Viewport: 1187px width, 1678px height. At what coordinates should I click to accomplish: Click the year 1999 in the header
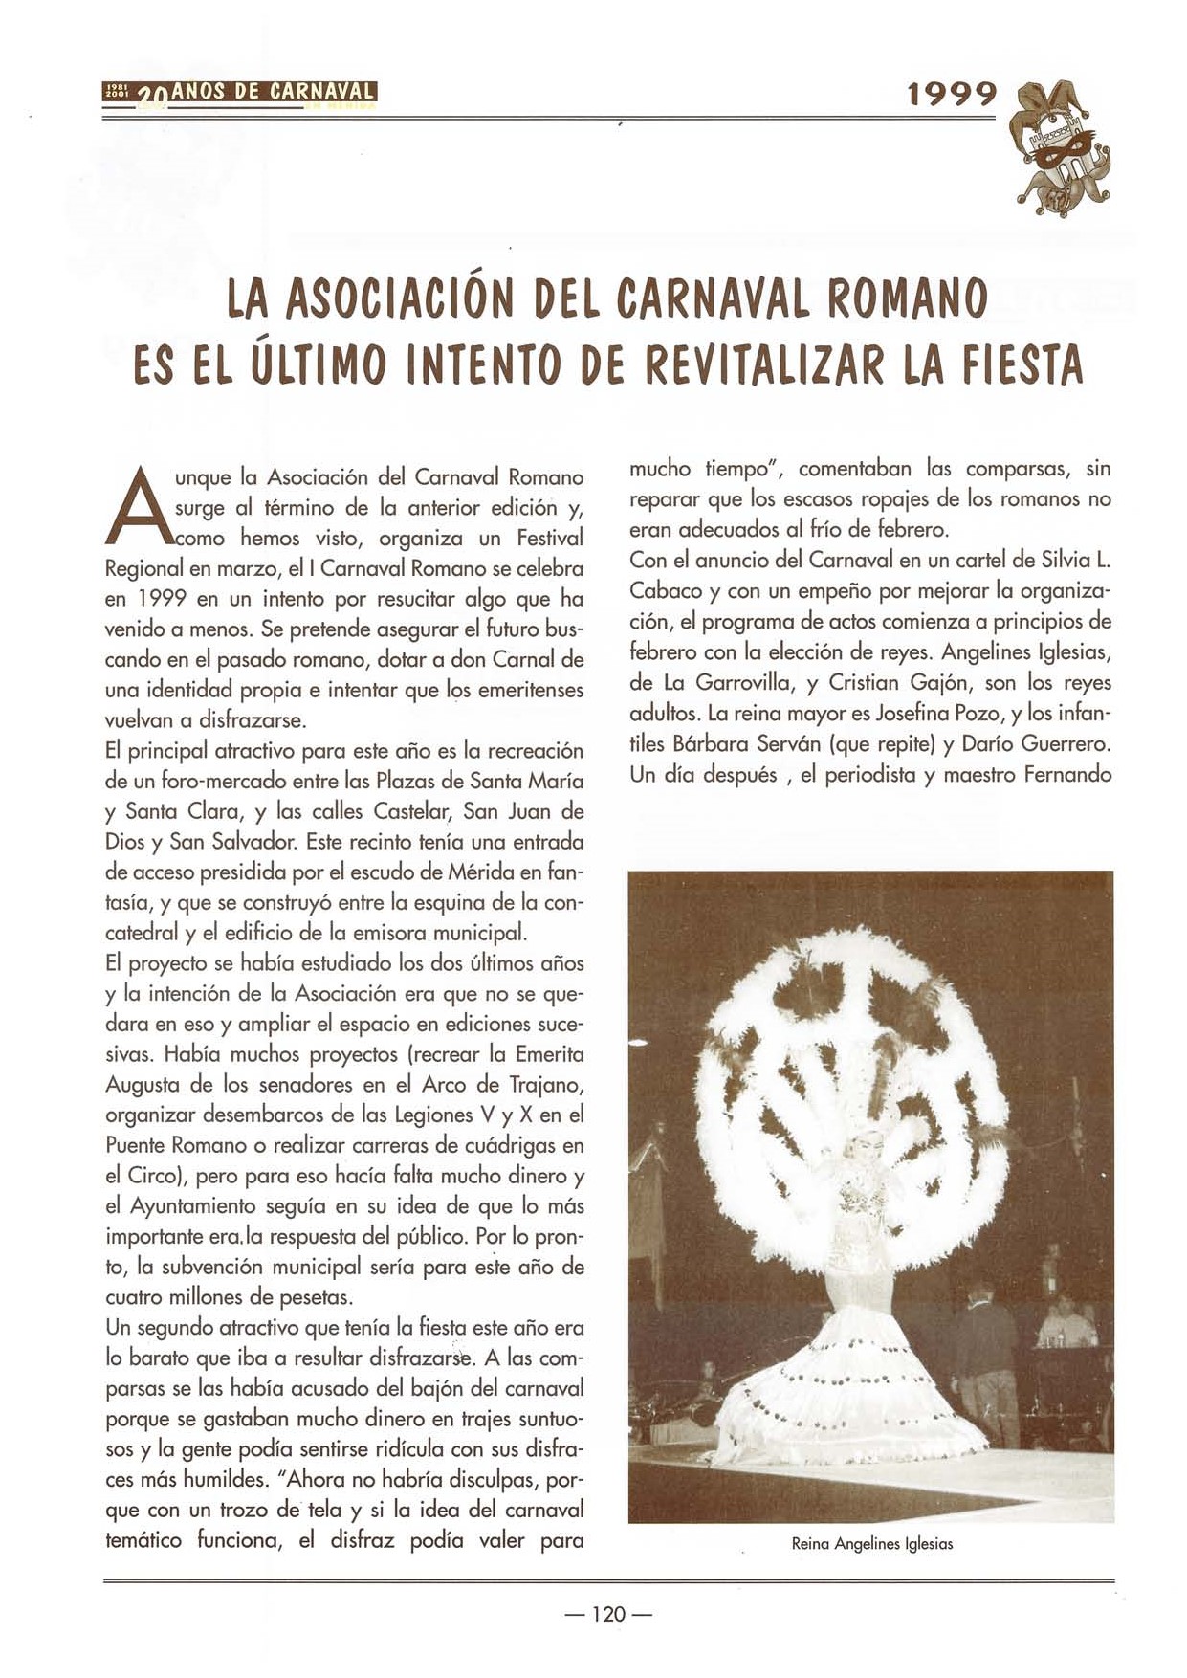coord(952,94)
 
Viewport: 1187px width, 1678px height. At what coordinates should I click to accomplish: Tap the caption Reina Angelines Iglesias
coord(871,1543)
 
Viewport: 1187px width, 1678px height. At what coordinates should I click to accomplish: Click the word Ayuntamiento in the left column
coord(182,1206)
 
